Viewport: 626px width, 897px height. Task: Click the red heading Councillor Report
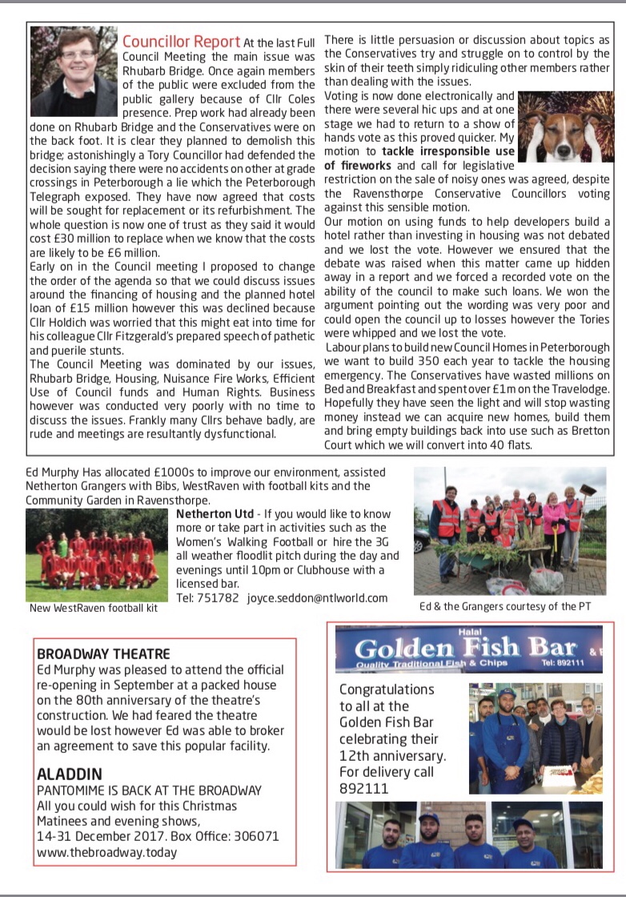tap(181, 42)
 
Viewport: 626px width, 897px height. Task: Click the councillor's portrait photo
tap(74, 71)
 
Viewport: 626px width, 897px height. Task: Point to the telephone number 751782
tap(219, 597)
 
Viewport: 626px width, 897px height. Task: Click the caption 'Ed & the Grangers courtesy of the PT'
tap(505, 606)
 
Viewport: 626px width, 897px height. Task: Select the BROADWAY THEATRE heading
tap(103, 654)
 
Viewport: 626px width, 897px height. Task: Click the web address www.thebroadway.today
tap(106, 852)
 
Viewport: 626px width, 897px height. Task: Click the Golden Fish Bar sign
tap(465, 648)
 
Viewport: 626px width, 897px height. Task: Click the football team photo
tap(96, 553)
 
